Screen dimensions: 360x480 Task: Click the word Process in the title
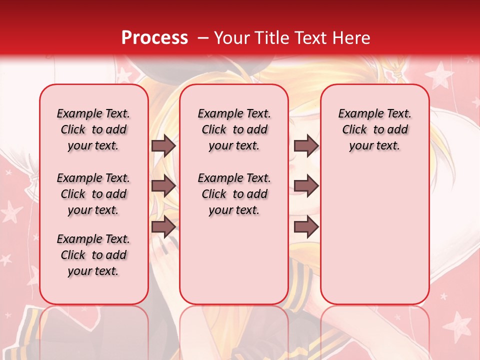click(x=154, y=38)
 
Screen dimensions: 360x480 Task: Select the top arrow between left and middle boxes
click(x=163, y=145)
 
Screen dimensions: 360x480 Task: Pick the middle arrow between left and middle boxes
click(x=163, y=186)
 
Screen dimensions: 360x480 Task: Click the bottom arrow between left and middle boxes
click(x=163, y=226)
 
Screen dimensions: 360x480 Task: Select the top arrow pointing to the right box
click(x=306, y=145)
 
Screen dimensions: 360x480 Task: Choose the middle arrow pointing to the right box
click(x=306, y=186)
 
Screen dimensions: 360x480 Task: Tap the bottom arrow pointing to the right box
click(x=306, y=226)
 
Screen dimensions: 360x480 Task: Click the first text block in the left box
click(x=93, y=129)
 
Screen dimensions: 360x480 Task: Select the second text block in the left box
click(x=93, y=194)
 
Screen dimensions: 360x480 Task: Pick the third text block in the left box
click(x=93, y=255)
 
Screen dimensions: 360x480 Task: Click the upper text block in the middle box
click(x=234, y=129)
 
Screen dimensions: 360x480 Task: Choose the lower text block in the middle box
click(x=234, y=194)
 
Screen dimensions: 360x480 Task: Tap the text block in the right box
click(x=374, y=129)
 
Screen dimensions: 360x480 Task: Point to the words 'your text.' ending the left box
click(x=93, y=271)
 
